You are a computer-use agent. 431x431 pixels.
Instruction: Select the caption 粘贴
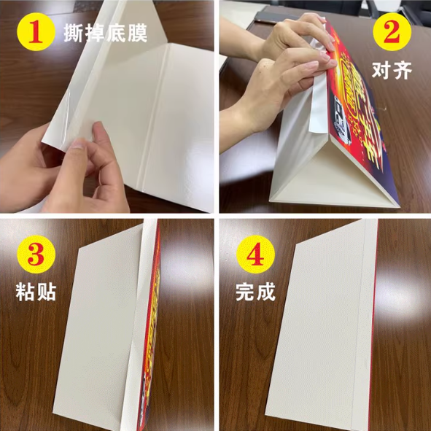coord(34,292)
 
